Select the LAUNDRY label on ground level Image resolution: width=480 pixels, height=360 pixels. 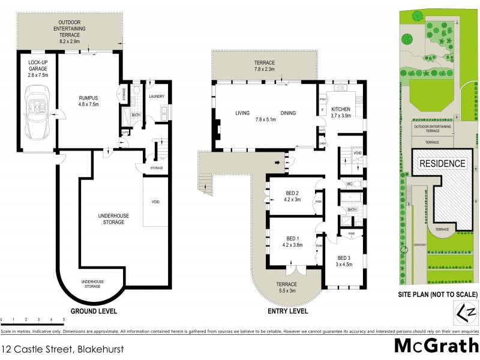point(157,96)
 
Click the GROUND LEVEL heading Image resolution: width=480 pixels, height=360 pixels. point(94,311)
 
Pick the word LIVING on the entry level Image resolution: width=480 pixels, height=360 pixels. point(242,113)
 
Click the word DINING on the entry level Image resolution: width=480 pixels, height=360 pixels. point(289,113)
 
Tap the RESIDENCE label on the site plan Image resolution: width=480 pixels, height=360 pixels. point(442,163)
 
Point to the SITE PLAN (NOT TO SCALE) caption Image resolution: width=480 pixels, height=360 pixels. point(438,295)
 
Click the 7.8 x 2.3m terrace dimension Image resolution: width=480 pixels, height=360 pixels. point(265,70)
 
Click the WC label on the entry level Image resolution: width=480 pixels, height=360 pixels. point(348,184)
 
